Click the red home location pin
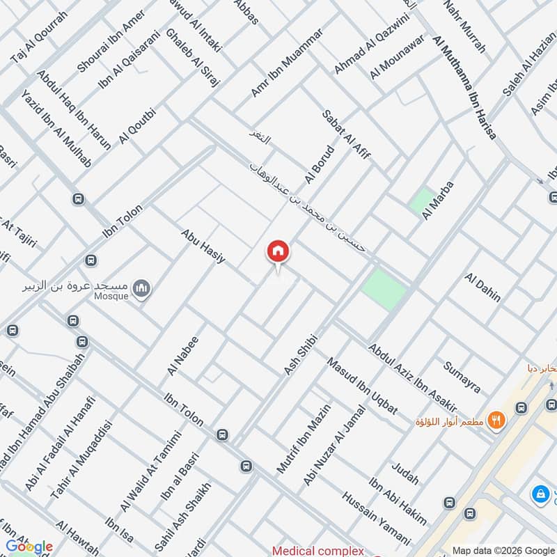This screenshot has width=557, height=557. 277,251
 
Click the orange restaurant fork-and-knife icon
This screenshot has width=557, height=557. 496,419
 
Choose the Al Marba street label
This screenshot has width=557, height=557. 437,201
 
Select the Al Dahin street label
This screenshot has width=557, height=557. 483,287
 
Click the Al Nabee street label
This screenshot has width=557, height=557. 183,356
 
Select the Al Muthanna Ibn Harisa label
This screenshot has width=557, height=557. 464,87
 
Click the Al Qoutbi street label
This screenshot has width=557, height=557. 138,125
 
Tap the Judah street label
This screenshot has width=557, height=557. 405,473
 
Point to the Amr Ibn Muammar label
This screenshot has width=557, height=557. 287,63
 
